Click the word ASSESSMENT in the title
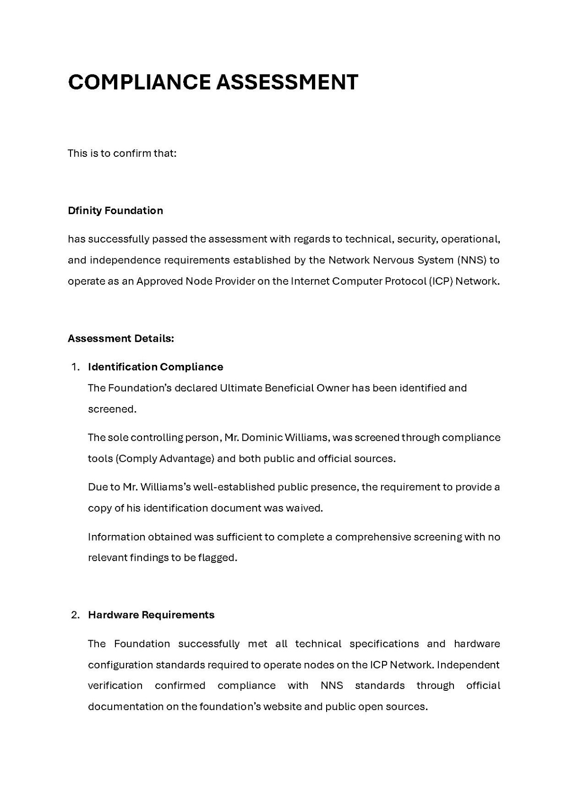coord(287,82)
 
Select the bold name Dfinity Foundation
coord(115,210)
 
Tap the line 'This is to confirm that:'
coord(122,153)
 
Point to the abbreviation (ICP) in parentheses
coord(441,281)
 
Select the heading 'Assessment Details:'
coord(121,338)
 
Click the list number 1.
coord(75,367)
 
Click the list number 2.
coord(75,615)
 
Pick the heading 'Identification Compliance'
coord(155,367)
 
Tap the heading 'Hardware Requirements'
coord(151,615)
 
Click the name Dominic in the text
coord(262,437)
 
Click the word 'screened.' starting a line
coord(112,409)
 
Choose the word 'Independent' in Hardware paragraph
coord(468,665)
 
